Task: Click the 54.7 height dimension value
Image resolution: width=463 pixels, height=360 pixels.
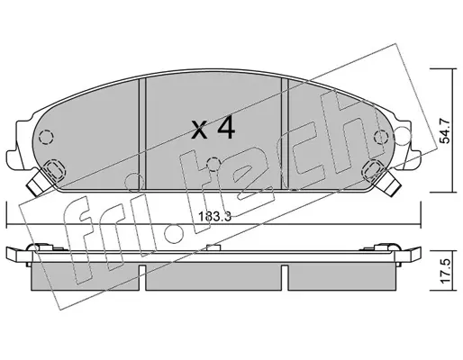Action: pyautogui.click(x=445, y=130)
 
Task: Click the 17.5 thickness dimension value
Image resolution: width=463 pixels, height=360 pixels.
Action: pyautogui.click(x=445, y=271)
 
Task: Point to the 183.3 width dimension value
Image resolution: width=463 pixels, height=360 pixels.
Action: pyautogui.click(x=215, y=216)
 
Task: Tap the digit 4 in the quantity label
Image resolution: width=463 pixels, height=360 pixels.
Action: pyautogui.click(x=226, y=129)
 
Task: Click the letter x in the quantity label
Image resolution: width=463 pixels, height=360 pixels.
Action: pyautogui.click(x=199, y=131)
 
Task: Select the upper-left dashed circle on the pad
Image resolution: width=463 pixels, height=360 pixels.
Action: pyautogui.click(x=47, y=138)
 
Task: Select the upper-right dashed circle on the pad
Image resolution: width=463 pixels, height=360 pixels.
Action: pyautogui.click(x=381, y=138)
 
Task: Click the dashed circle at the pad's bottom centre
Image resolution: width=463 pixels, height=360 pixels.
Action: pyautogui.click(x=213, y=164)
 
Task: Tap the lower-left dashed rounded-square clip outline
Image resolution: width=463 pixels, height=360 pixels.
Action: pyautogui.click(x=54, y=170)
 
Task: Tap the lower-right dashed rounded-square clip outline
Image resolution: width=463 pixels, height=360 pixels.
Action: pyautogui.click(x=374, y=170)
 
